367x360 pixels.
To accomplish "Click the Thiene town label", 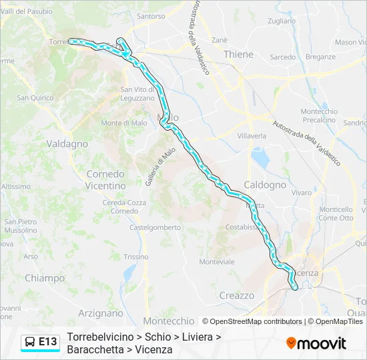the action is (x=238, y=54).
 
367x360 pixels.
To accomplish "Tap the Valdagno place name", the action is (x=67, y=143).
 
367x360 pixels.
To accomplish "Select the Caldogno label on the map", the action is (x=265, y=185).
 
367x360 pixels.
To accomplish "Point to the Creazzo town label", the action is (x=236, y=295).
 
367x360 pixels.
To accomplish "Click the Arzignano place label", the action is (x=101, y=313).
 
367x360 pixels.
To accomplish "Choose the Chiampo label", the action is (x=45, y=278).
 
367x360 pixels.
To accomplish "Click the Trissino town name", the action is (x=136, y=257).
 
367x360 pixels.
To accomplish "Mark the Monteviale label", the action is (x=217, y=262).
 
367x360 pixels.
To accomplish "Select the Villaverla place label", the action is (x=252, y=135).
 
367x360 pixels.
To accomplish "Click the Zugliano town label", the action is (x=281, y=21).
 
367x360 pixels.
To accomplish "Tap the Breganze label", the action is (x=320, y=57).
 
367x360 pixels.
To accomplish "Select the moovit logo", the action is (x=316, y=343).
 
